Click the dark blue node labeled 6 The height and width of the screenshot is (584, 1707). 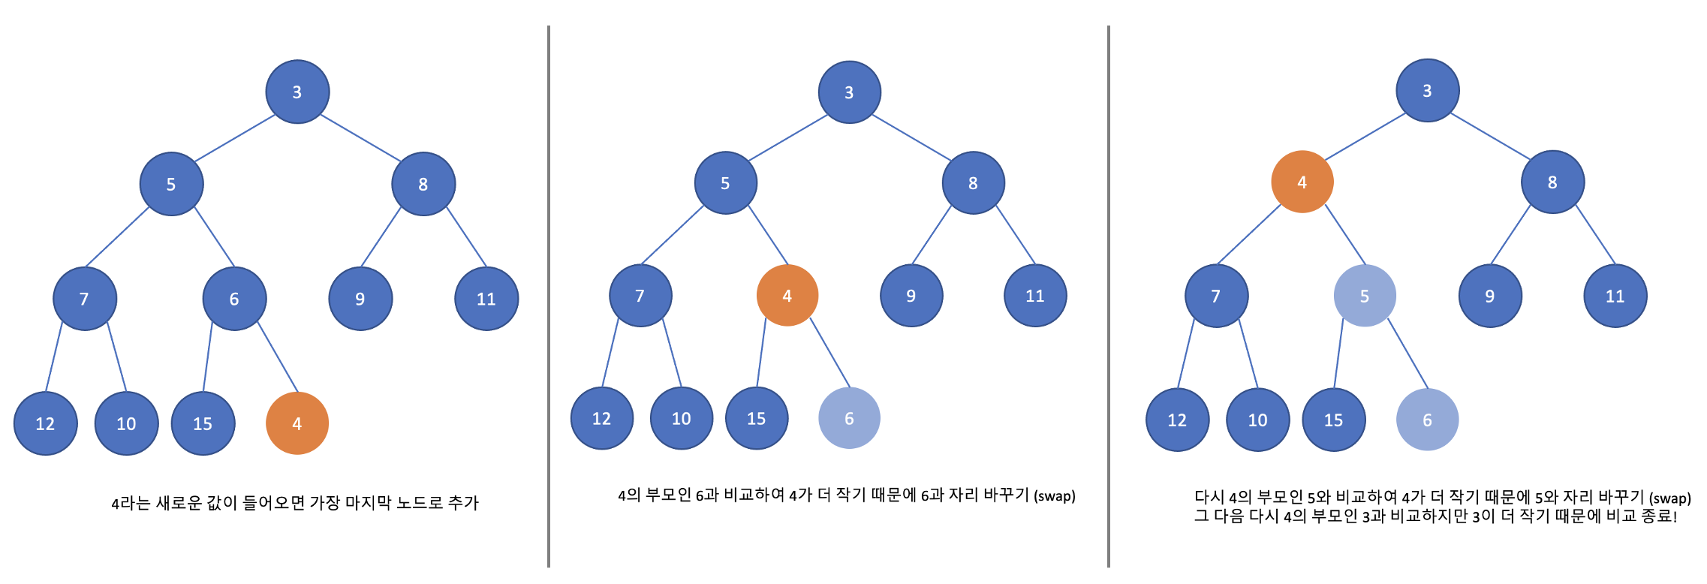[234, 299]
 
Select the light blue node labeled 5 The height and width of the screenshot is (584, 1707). [1365, 296]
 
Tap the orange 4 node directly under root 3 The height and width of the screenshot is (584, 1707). [1302, 182]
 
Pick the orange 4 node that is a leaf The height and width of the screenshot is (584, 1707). [297, 423]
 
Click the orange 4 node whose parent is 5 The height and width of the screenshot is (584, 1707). [787, 296]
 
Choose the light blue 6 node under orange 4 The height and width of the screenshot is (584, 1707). [849, 418]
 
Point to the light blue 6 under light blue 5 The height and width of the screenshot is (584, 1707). [1427, 420]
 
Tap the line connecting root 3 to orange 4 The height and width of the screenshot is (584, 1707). [1365, 137]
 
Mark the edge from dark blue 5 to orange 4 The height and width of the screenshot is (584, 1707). [767, 234]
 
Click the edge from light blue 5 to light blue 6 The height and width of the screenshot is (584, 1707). [1407, 354]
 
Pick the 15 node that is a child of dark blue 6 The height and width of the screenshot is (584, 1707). [203, 423]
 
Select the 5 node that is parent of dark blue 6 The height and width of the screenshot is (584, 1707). [171, 184]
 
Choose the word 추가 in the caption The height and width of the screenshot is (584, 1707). [463, 502]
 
